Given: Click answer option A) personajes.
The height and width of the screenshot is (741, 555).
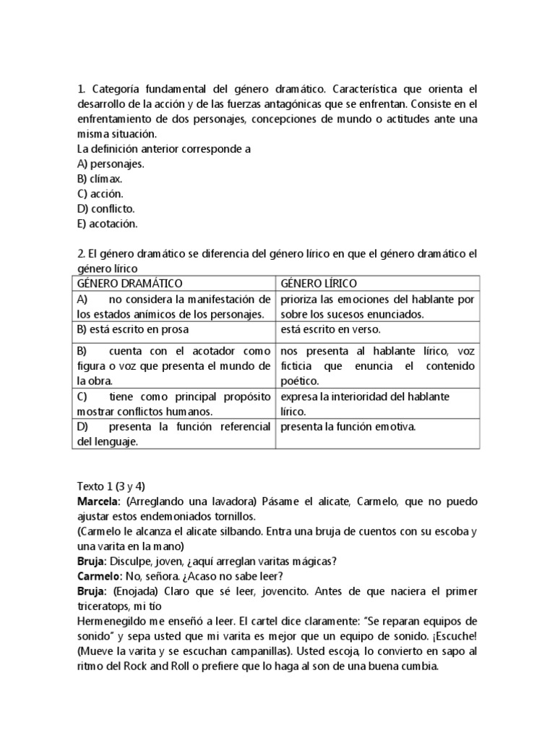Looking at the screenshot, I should point(111,164).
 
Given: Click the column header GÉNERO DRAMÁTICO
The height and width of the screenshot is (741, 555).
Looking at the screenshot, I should point(129,283).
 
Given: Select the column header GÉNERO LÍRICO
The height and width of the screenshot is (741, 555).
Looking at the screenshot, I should point(318,283).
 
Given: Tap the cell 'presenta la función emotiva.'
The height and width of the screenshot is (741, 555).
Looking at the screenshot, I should point(348,427).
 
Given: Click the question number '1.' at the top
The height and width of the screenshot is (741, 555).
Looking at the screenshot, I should point(81,90).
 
